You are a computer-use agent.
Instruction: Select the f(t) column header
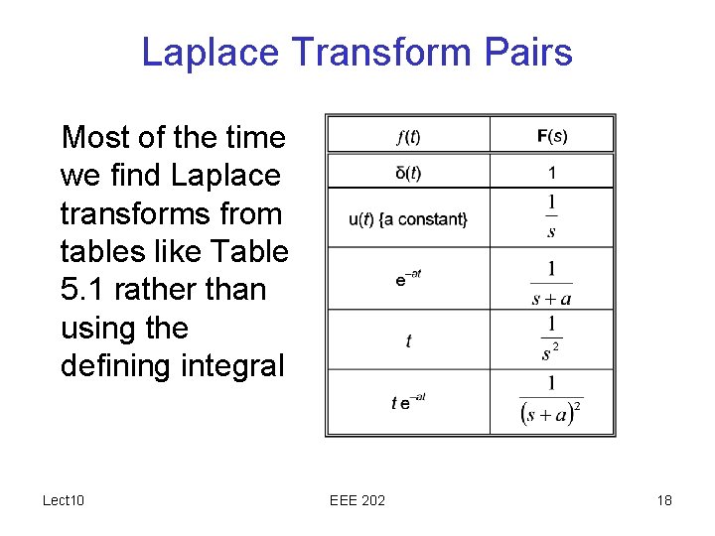coord(408,135)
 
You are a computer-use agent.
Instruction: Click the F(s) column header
coord(552,135)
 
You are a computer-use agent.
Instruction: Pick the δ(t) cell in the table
coord(408,173)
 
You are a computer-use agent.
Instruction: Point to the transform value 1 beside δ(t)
coord(552,173)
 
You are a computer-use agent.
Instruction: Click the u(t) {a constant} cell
coord(408,218)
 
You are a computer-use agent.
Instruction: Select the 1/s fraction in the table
coord(552,217)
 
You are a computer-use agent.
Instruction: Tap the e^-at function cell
coord(408,279)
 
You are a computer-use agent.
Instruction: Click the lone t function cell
coord(408,341)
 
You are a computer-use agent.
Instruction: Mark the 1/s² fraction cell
coord(552,338)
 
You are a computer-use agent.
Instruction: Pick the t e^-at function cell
coord(408,402)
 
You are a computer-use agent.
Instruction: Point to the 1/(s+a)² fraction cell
coord(552,402)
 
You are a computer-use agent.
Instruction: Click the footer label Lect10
coord(64,500)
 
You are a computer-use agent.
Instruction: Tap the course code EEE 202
coord(357,500)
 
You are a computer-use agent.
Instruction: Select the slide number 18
coord(663,500)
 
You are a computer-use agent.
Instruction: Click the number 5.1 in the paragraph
coord(83,290)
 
